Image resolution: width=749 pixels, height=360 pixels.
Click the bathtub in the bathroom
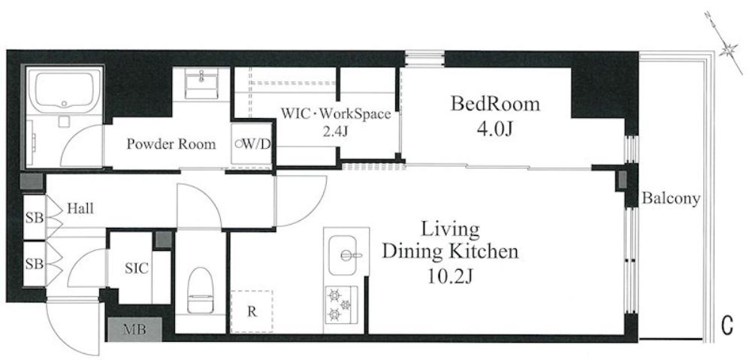click(x=65, y=91)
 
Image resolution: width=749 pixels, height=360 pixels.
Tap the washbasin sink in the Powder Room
click(x=201, y=83)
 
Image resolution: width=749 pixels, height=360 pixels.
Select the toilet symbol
click(x=200, y=290)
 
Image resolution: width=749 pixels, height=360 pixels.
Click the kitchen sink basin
click(x=343, y=255)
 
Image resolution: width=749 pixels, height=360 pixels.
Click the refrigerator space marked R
click(x=252, y=312)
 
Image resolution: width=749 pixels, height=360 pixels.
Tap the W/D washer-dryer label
click(x=252, y=144)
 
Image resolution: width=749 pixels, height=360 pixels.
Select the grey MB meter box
click(x=134, y=329)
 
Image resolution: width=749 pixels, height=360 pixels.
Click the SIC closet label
click(x=137, y=268)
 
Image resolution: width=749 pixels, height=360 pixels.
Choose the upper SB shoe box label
click(x=35, y=218)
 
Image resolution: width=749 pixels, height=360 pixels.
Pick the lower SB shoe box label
click(x=35, y=264)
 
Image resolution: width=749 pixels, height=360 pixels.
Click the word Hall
click(x=80, y=208)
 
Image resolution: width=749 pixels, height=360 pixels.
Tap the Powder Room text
click(x=171, y=144)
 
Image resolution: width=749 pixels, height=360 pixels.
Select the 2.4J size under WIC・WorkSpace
click(x=335, y=132)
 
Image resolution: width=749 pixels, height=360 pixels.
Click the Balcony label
click(x=671, y=198)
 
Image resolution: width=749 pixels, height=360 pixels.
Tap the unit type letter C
click(x=726, y=326)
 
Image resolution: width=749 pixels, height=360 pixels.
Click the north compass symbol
click(x=725, y=44)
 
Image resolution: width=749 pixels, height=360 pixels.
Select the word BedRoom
click(x=495, y=104)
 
